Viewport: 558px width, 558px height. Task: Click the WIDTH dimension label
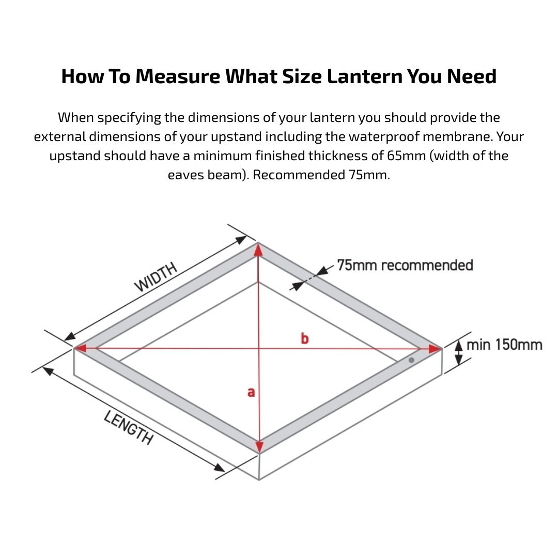coord(156,277)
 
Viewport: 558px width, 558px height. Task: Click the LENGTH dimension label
coord(129,427)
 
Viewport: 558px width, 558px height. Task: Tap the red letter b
coord(305,338)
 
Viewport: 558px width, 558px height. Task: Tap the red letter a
coord(251,392)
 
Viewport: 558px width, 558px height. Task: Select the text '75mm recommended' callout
coord(405,265)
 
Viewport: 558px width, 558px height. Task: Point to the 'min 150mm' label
coord(504,345)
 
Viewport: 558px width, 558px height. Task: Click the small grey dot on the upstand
coord(411,360)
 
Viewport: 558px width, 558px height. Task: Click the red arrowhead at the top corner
coord(258,250)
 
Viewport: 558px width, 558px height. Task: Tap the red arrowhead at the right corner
coord(435,349)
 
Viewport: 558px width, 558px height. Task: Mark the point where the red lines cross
coord(259,348)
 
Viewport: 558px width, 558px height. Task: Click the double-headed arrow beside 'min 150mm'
coord(457,352)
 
